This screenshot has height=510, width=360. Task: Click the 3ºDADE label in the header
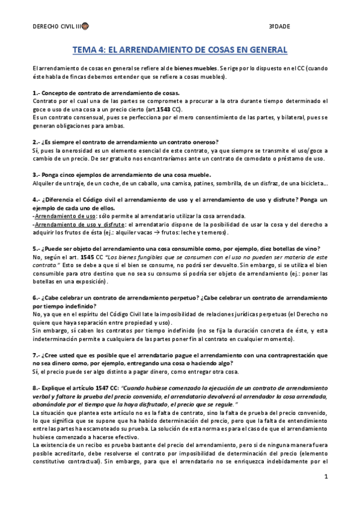tap(278, 27)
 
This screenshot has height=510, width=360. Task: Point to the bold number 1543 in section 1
tap(160, 110)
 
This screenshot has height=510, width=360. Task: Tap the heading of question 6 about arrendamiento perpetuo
tap(180, 301)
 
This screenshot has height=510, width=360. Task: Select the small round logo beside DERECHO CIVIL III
tap(85, 27)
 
